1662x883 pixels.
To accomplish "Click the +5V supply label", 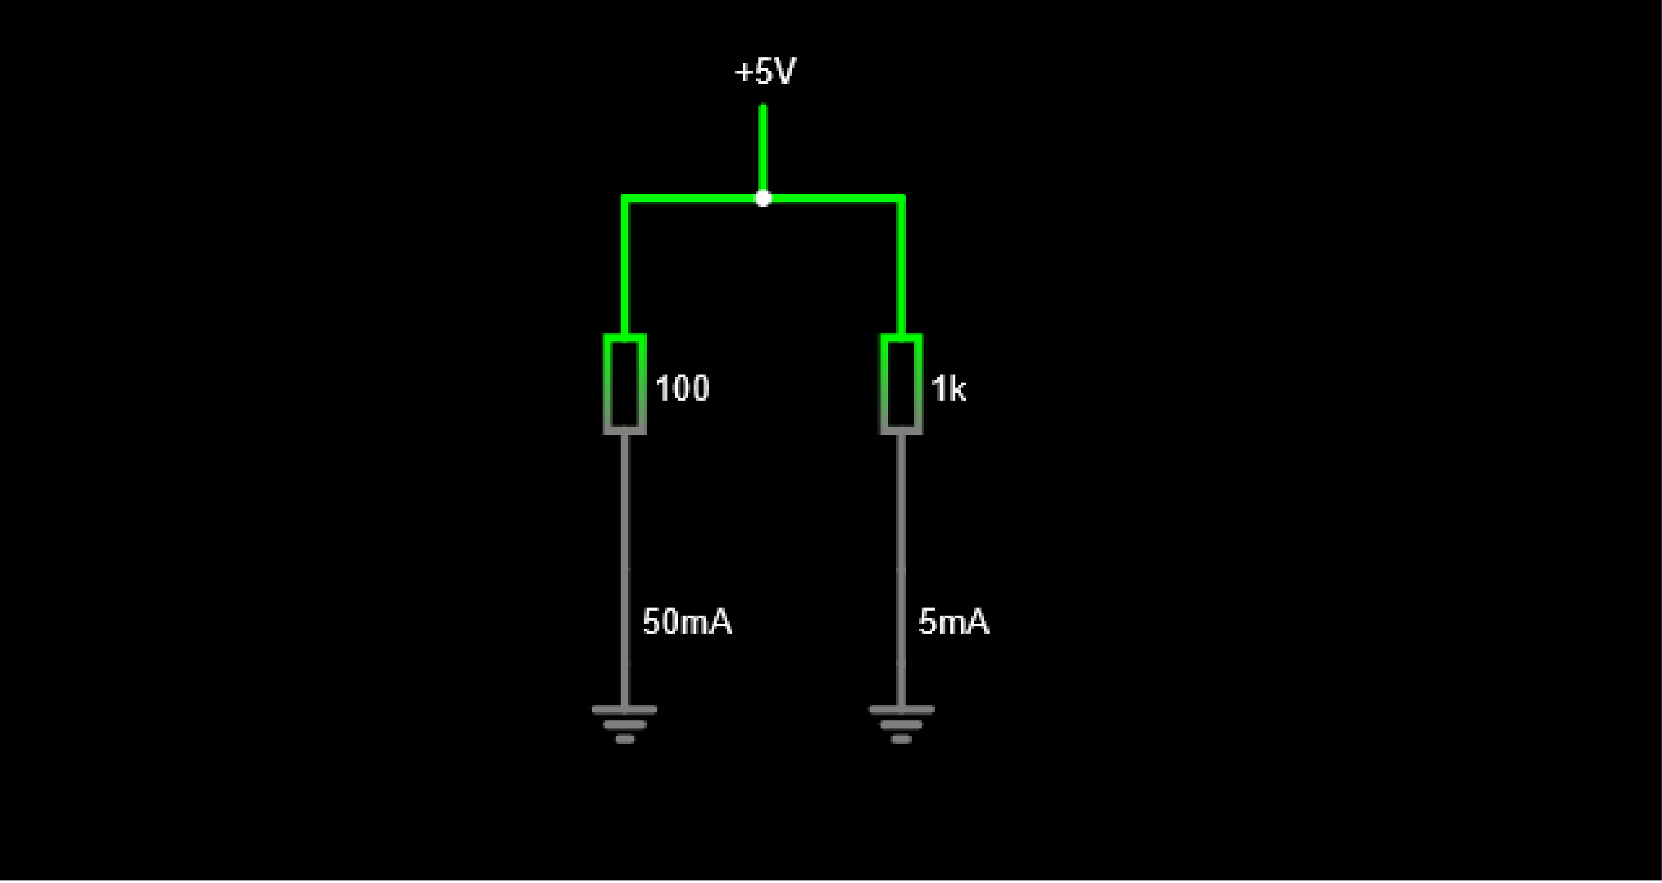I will coord(765,72).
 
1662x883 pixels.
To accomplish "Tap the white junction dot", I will coord(763,199).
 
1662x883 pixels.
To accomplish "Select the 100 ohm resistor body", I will coord(624,384).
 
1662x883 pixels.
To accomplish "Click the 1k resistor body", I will coord(901,384).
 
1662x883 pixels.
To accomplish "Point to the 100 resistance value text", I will coord(682,388).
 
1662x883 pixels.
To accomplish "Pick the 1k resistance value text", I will coord(948,389).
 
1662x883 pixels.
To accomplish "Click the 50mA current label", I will coord(687,622).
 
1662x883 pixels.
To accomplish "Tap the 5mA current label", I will coord(953,622).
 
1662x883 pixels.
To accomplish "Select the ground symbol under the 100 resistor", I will coord(624,723).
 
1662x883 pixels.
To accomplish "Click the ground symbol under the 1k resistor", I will coord(901,723).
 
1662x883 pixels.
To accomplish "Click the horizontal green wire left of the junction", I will coord(690,198).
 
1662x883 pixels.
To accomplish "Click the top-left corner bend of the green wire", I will coord(624,198).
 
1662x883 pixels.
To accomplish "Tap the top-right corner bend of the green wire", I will coord(901,198).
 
